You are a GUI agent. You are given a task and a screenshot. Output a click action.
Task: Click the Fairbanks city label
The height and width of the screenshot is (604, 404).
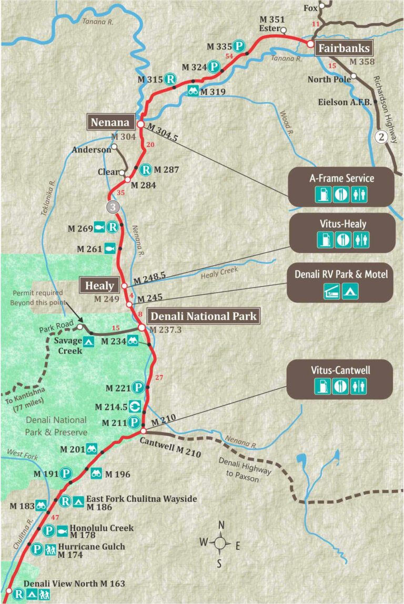(x=344, y=48)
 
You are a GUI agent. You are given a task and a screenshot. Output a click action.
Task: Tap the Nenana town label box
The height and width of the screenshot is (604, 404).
(x=110, y=123)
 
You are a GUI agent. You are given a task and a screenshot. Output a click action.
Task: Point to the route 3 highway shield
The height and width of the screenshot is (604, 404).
(x=112, y=206)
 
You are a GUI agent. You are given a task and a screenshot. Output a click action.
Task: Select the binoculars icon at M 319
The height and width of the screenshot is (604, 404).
(x=193, y=91)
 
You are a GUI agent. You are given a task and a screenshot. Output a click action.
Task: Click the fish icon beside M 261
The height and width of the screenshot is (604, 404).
(x=109, y=248)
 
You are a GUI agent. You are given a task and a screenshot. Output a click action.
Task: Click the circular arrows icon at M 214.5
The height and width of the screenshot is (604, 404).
(x=135, y=406)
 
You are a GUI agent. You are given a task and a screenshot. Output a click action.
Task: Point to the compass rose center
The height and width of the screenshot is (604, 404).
(x=221, y=543)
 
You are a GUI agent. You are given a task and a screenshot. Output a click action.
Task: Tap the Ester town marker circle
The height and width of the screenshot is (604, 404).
(x=284, y=30)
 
